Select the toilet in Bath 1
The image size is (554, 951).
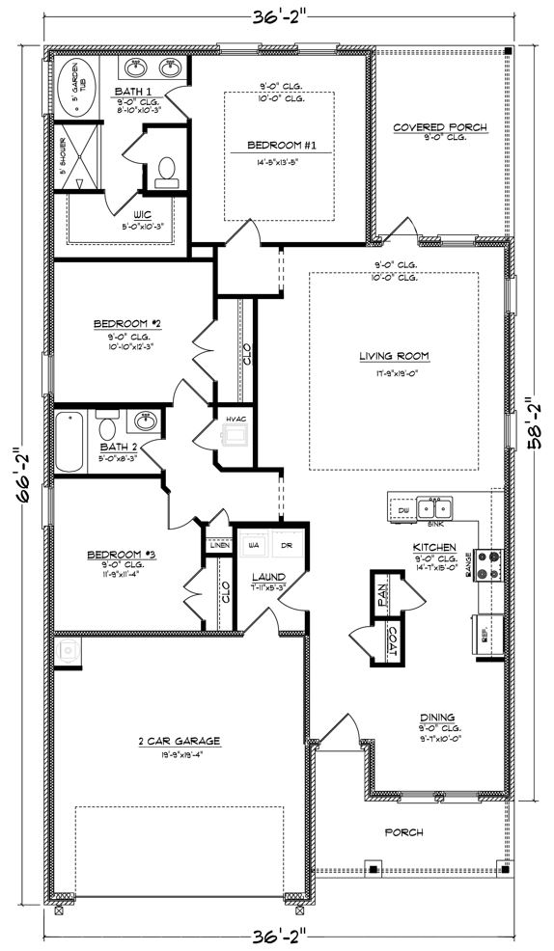pos(166,170)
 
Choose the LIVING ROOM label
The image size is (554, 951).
pos(394,356)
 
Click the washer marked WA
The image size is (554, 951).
pos(255,546)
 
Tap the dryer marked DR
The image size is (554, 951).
pos(287,546)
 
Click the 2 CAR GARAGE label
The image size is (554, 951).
pos(179,741)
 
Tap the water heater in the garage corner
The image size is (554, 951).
pos(68,652)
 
